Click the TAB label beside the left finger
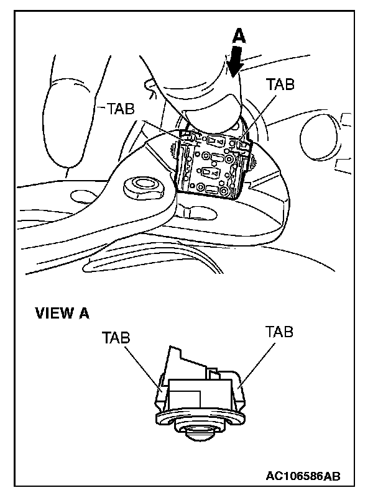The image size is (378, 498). [121, 109]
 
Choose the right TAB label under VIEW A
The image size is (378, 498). [279, 331]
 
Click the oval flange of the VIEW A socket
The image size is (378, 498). [199, 417]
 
